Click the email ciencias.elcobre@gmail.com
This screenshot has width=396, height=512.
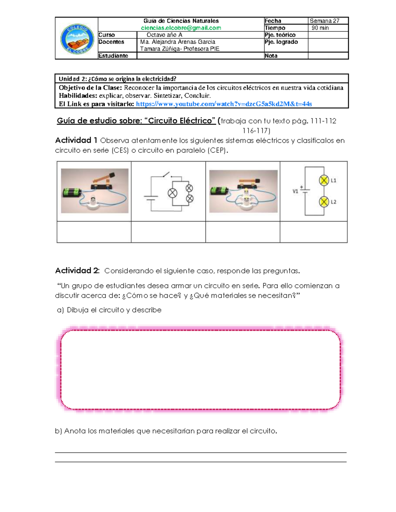pos(181,28)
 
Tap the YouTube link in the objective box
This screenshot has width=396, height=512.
pos(224,104)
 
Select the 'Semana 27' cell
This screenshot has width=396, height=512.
pos(324,21)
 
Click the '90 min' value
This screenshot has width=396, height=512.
pos(320,28)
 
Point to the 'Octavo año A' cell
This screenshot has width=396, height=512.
pos(164,35)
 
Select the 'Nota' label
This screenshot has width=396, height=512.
pos(271,56)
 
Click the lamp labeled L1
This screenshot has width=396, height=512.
pos(324,180)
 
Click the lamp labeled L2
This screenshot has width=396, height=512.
pos(324,202)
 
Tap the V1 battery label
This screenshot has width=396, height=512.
pos(295,191)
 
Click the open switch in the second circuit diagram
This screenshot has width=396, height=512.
pos(166,174)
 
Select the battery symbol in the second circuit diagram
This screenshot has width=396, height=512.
pos(151,198)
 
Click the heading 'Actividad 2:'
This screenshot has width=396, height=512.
pos(77,271)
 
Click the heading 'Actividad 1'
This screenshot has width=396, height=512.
pos(76,140)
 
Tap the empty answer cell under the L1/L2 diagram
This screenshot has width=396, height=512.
pos(313,232)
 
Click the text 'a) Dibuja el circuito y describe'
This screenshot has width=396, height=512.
pos(109,310)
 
